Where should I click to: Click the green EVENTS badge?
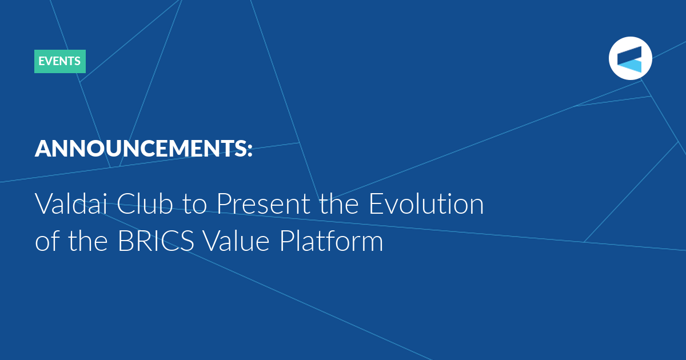[x=60, y=61]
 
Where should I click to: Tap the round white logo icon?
[x=630, y=58]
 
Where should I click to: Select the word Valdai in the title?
[x=71, y=203]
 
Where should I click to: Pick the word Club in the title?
[x=145, y=203]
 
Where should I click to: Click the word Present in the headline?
[x=264, y=203]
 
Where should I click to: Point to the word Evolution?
[x=426, y=203]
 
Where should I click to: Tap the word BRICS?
[x=156, y=241]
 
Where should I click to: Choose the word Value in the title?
[x=236, y=241]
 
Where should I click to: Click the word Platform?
[x=332, y=241]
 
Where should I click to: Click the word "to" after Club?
[x=195, y=205]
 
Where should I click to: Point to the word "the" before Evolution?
[x=339, y=203]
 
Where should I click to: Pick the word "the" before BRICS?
[x=88, y=241]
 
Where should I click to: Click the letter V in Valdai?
[x=44, y=204]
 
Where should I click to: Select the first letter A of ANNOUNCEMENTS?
[x=45, y=149]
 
